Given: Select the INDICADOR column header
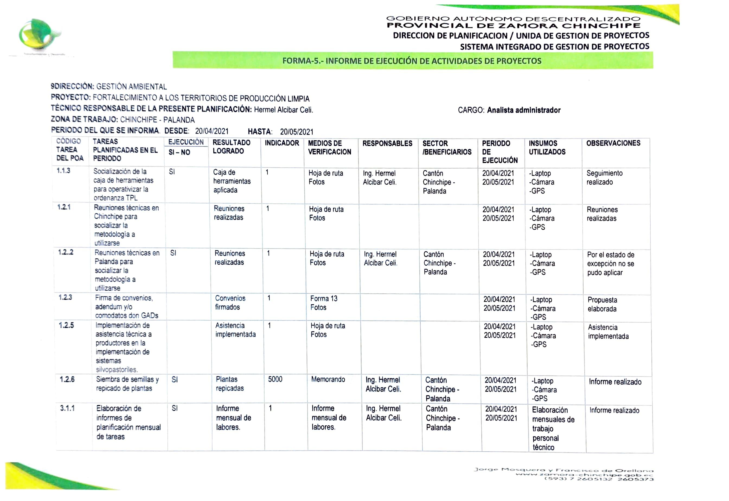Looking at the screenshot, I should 282,143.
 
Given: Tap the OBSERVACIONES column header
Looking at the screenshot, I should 613,143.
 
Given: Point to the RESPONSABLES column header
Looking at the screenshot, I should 387,143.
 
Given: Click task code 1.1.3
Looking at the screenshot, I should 63,171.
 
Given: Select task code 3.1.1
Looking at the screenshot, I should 67,408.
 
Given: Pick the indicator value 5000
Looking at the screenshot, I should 275,379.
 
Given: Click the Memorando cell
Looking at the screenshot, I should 328,379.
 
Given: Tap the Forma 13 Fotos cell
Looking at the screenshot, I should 324,303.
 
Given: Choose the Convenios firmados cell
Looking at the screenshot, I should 230,303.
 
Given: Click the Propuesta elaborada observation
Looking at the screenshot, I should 602,304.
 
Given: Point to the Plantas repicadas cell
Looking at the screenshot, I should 230,384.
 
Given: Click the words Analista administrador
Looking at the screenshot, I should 523,110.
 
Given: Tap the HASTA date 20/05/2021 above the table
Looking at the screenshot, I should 296,132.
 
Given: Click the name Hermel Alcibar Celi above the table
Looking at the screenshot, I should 283,110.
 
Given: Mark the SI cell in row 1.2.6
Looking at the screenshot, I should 175,380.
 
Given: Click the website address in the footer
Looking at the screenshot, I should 584,475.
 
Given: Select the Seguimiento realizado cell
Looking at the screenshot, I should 604,178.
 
